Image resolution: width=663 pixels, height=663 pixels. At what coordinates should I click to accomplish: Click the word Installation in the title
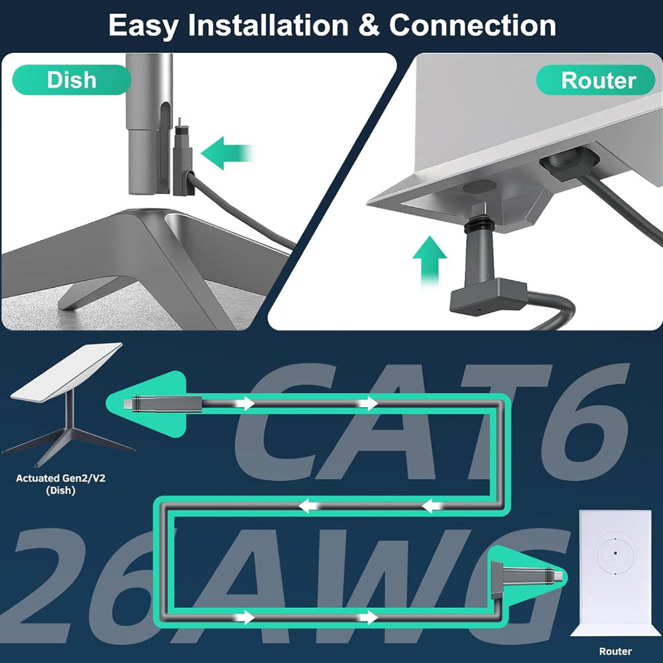(x=268, y=26)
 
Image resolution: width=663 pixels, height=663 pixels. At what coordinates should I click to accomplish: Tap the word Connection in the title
(x=472, y=26)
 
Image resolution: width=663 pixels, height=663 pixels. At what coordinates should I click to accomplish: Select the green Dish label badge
(x=72, y=80)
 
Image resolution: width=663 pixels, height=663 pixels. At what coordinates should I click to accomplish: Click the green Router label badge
(x=598, y=80)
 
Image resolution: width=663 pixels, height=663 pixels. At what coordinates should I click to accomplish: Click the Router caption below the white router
(x=615, y=651)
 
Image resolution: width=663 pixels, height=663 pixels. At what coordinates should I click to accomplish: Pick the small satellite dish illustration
(x=66, y=404)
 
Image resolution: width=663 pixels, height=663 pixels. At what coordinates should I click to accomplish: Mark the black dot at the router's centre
(x=615, y=553)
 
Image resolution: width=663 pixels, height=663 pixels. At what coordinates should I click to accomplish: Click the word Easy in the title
(x=144, y=26)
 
